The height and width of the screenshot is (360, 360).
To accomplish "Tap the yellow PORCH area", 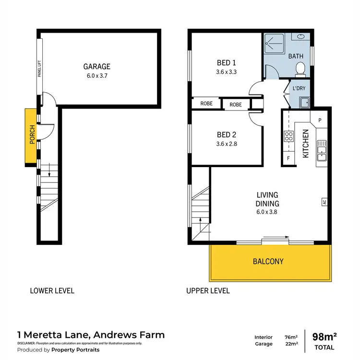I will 32,137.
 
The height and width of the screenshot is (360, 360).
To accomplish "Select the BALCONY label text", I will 269,262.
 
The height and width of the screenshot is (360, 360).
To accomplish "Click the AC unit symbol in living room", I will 324,202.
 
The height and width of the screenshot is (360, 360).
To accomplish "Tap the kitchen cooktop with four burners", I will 288,136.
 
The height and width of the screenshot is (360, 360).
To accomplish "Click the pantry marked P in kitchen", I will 319,120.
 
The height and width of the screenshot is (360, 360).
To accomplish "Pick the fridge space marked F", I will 288,157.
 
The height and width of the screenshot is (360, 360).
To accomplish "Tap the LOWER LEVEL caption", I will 52,290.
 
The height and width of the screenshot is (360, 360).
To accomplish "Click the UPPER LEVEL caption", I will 208,290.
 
